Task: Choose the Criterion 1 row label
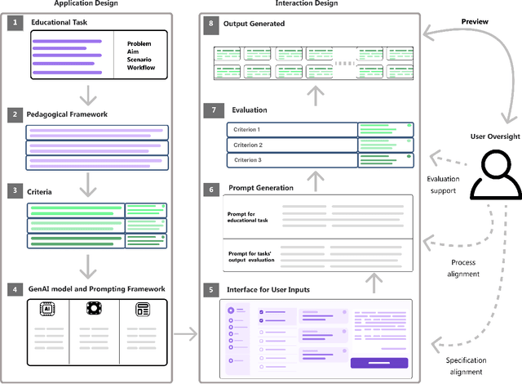[248, 130]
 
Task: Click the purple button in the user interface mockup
[378, 363]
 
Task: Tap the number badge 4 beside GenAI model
[14, 288]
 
